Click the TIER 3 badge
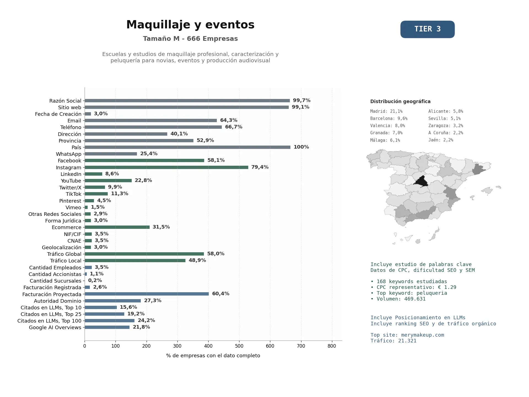(x=427, y=29)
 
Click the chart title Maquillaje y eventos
(x=190, y=25)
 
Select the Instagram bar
(x=166, y=167)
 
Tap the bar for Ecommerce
(x=117, y=227)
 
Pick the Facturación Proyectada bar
(x=147, y=294)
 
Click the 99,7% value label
(x=301, y=100)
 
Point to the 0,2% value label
(x=95, y=280)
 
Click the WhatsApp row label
(x=69, y=154)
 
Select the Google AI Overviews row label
(x=55, y=328)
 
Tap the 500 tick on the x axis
(x=239, y=346)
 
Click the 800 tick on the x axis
(x=332, y=346)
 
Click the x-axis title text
(x=213, y=356)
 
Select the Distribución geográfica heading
(x=400, y=101)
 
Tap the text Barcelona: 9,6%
(x=389, y=119)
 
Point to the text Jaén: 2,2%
(x=441, y=140)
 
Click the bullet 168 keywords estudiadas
(x=409, y=281)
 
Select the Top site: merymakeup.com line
(x=407, y=335)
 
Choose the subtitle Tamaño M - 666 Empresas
(x=190, y=39)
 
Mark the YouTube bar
(x=108, y=181)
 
